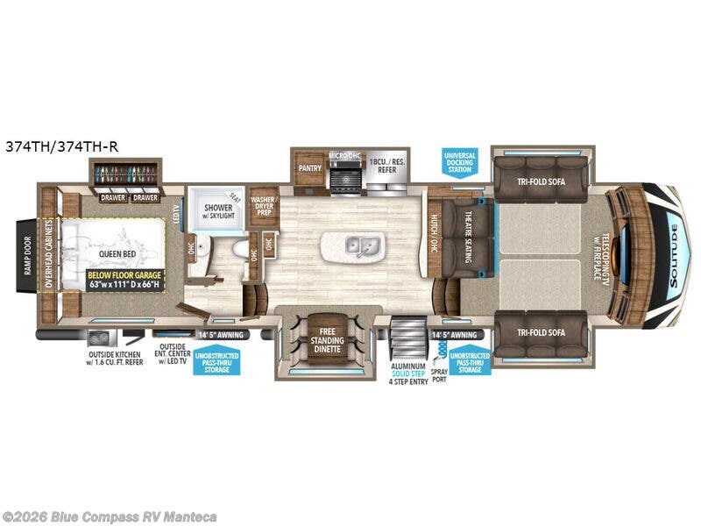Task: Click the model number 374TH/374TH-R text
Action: (x=60, y=146)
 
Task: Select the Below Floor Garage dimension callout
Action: (x=124, y=280)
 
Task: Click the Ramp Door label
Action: (x=27, y=255)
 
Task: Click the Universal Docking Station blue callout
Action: (x=460, y=162)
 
